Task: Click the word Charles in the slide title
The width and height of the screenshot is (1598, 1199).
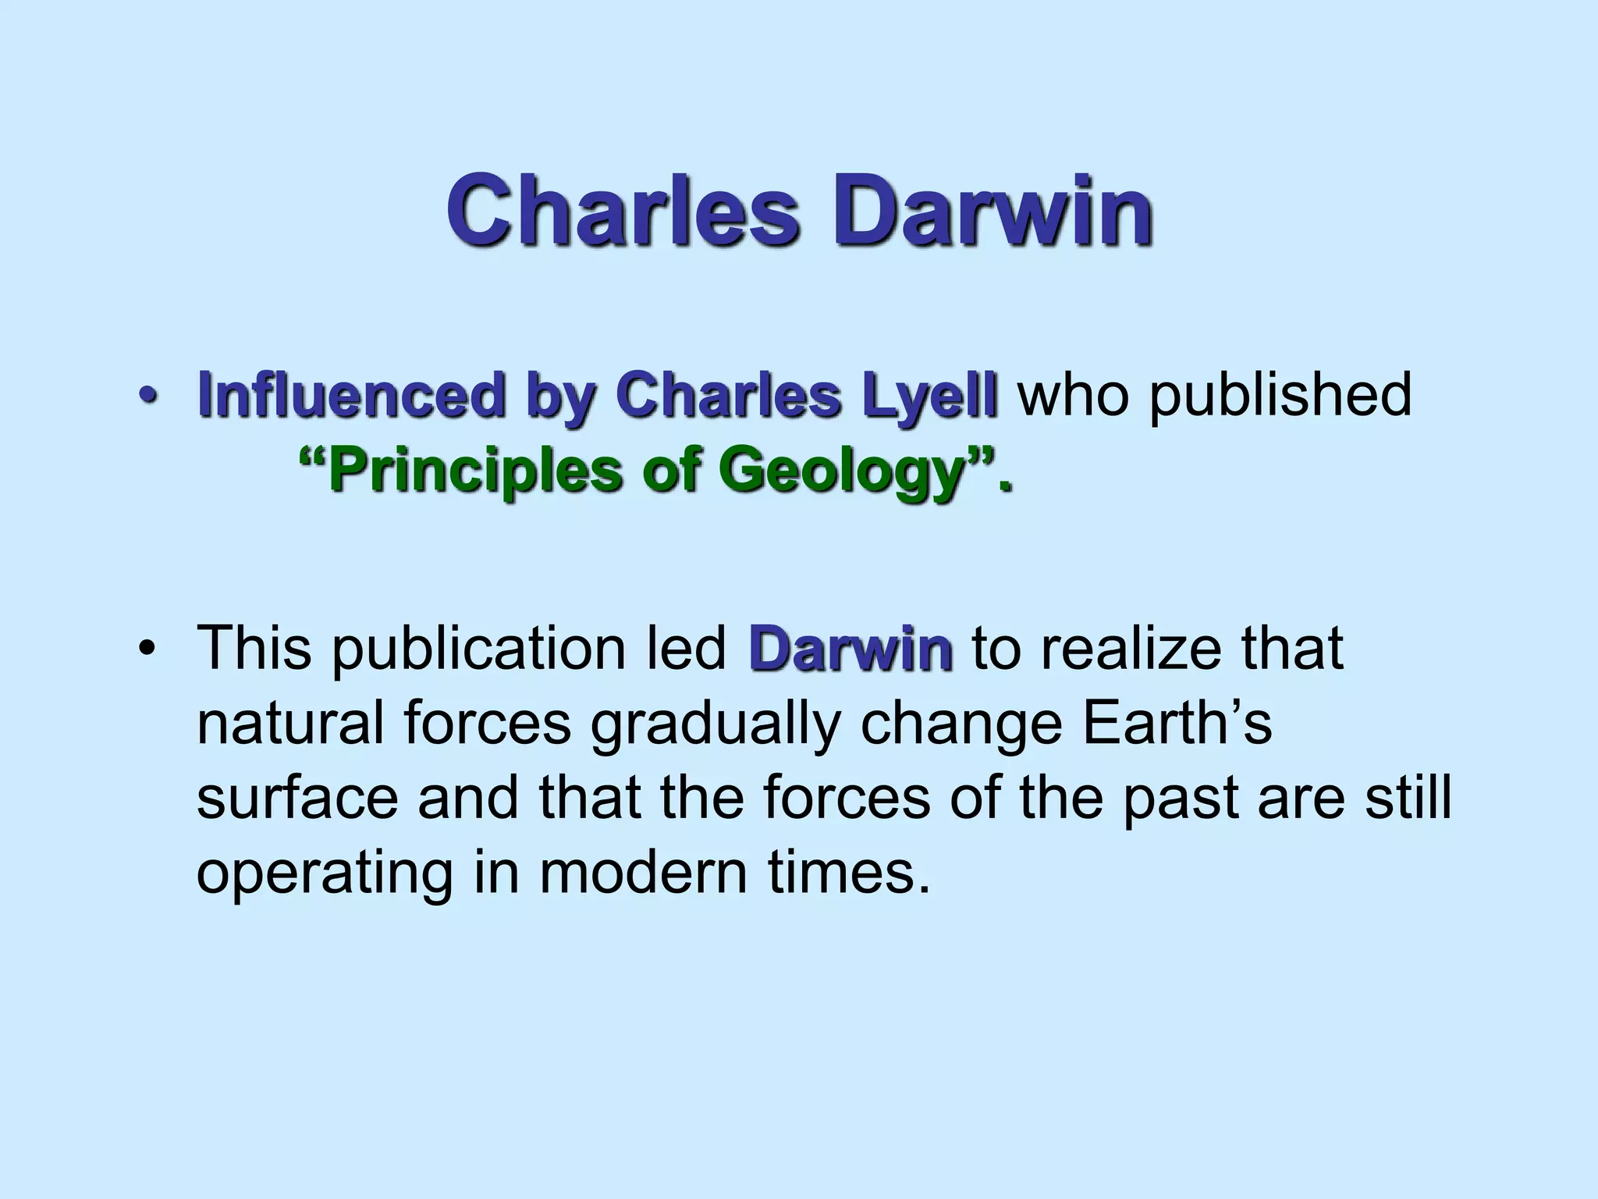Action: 623,208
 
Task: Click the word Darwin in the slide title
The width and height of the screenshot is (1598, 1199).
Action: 993,208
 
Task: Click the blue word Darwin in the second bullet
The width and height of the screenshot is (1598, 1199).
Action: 850,648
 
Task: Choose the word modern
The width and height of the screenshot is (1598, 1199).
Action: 643,873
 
